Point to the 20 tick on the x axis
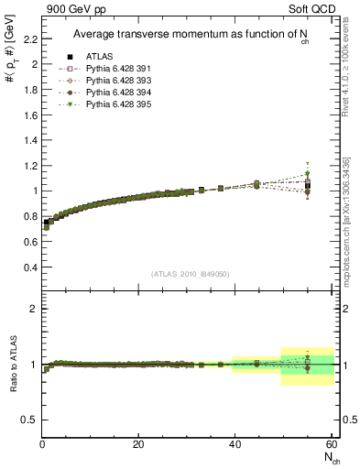point(138,444)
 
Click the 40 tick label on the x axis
point(234,444)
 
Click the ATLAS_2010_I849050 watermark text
point(191,273)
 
